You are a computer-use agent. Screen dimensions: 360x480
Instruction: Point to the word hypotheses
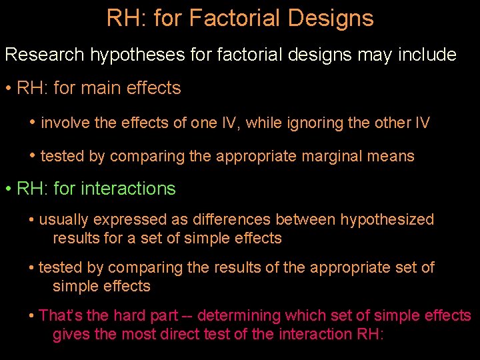click(129, 55)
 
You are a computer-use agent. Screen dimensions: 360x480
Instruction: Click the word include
click(427, 55)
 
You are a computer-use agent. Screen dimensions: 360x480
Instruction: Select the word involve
click(63, 123)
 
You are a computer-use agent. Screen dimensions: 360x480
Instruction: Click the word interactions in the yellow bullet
click(128, 189)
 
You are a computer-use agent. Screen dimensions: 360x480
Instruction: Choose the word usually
click(65, 219)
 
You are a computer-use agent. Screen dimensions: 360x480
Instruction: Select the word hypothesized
click(387, 219)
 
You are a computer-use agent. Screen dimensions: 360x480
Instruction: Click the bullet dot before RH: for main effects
click(8, 89)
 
